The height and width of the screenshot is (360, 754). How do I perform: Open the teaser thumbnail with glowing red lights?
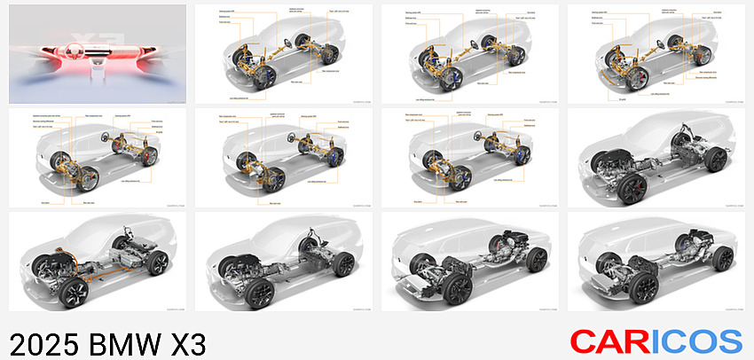coord(98,53)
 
